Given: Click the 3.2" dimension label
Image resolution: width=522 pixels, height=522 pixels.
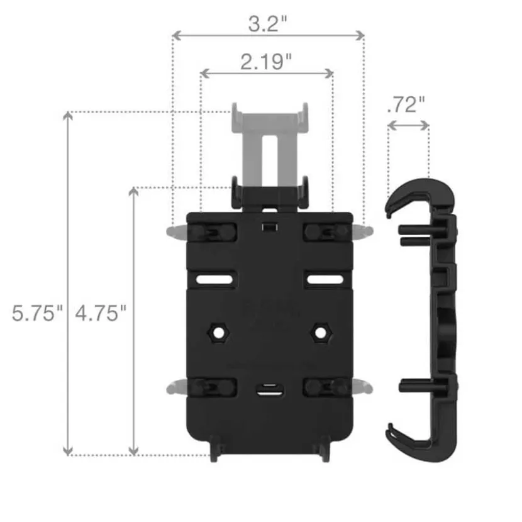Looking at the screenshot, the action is coord(268,24).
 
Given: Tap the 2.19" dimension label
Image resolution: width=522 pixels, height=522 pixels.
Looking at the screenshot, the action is coord(265,62).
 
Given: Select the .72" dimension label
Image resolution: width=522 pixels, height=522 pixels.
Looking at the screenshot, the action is coord(406,105).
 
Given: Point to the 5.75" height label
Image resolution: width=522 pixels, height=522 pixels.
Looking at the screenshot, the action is coord(37,313).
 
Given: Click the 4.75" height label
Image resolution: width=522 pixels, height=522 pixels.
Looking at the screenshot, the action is coord(101,313).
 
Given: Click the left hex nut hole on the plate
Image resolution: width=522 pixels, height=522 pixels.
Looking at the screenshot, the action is coord(219,332).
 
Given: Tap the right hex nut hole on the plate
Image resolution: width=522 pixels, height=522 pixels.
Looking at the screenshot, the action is coord(320,332).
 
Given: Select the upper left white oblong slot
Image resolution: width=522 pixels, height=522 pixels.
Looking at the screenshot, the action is coord(214,279).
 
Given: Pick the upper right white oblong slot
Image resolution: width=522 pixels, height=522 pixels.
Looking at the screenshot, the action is coord(325,279).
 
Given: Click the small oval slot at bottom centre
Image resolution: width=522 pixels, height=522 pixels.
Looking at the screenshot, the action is coord(270,390).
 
